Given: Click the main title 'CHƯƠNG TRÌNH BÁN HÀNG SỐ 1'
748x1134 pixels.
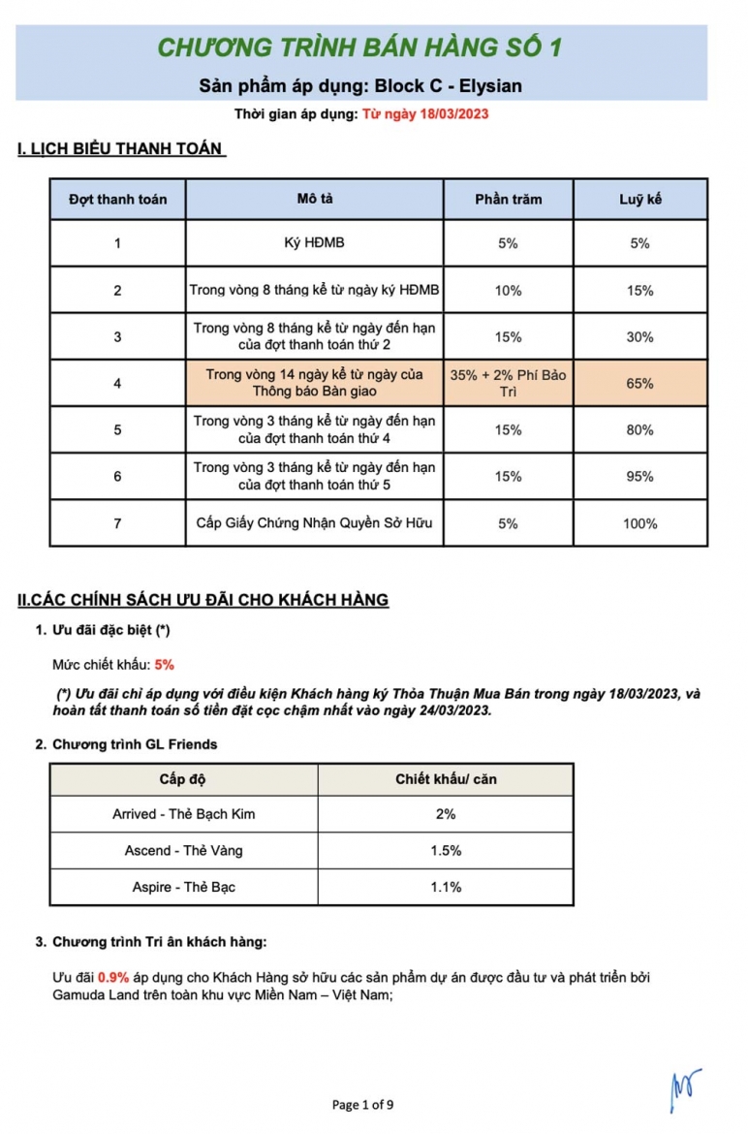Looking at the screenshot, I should tap(373, 47).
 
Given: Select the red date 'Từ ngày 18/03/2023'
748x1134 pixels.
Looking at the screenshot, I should tap(424, 114).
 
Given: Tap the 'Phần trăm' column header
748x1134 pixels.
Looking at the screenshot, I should tap(508, 200).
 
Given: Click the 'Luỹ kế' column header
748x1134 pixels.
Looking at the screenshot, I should tap(639, 200).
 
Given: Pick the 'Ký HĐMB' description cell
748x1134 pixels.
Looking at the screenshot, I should tap(314, 243).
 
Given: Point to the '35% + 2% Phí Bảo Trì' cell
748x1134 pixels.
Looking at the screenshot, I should tap(508, 383).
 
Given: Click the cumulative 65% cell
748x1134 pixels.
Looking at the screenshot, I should tap(639, 384).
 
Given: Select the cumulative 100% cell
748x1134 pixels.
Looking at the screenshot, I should tap(639, 523).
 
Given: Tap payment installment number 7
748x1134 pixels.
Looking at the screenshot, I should tap(117, 523).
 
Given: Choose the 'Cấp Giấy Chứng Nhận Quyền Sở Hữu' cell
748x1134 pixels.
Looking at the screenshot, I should tap(314, 523).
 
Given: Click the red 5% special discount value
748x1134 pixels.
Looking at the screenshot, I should tap(164, 665).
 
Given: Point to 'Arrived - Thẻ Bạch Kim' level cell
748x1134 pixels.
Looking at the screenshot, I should tap(183, 814).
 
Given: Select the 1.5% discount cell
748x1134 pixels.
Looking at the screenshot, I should tap(446, 851).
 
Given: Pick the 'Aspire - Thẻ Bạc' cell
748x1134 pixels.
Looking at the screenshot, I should tap(183, 887).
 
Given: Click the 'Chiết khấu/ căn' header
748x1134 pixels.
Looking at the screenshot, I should tap(446, 779).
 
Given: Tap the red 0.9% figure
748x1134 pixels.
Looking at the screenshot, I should tap(113, 976).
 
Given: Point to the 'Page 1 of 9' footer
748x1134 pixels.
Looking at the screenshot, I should tap(362, 1104).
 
